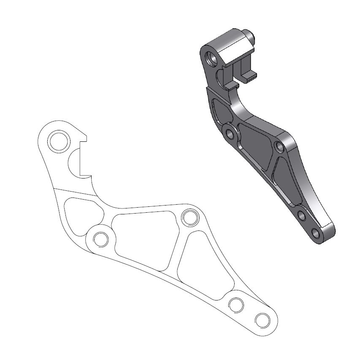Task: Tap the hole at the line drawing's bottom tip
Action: pyautogui.click(x=262, y=319)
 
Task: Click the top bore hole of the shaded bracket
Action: pyautogui.click(x=211, y=56)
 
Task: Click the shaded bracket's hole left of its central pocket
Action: pyautogui.click(x=230, y=135)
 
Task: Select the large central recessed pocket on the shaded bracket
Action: pyautogui.click(x=256, y=143)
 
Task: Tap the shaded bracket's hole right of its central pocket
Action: pyautogui.click(x=279, y=147)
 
